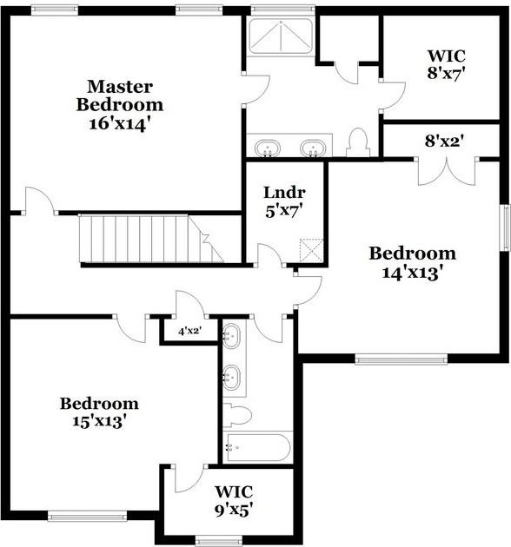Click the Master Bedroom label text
tap(120, 96)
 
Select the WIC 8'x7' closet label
tap(447, 65)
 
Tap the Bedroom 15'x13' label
tap(98, 412)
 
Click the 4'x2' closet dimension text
tap(189, 331)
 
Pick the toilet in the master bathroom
tap(358, 142)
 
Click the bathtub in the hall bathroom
tap(257, 449)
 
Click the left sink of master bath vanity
tap(269, 148)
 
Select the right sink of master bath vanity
tap(312, 148)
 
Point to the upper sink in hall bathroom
tap(232, 337)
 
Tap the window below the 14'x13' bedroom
tap(401, 358)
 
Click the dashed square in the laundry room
tap(311, 251)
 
